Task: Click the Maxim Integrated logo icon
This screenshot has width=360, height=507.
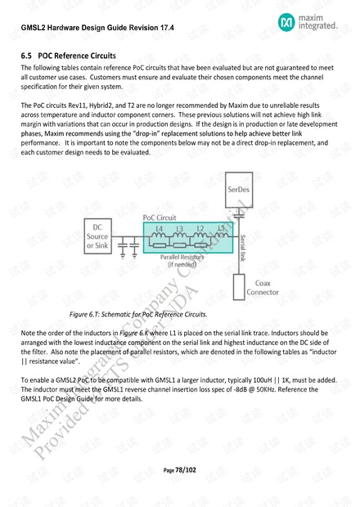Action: click(x=287, y=22)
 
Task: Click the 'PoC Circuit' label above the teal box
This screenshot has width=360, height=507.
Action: click(x=160, y=218)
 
